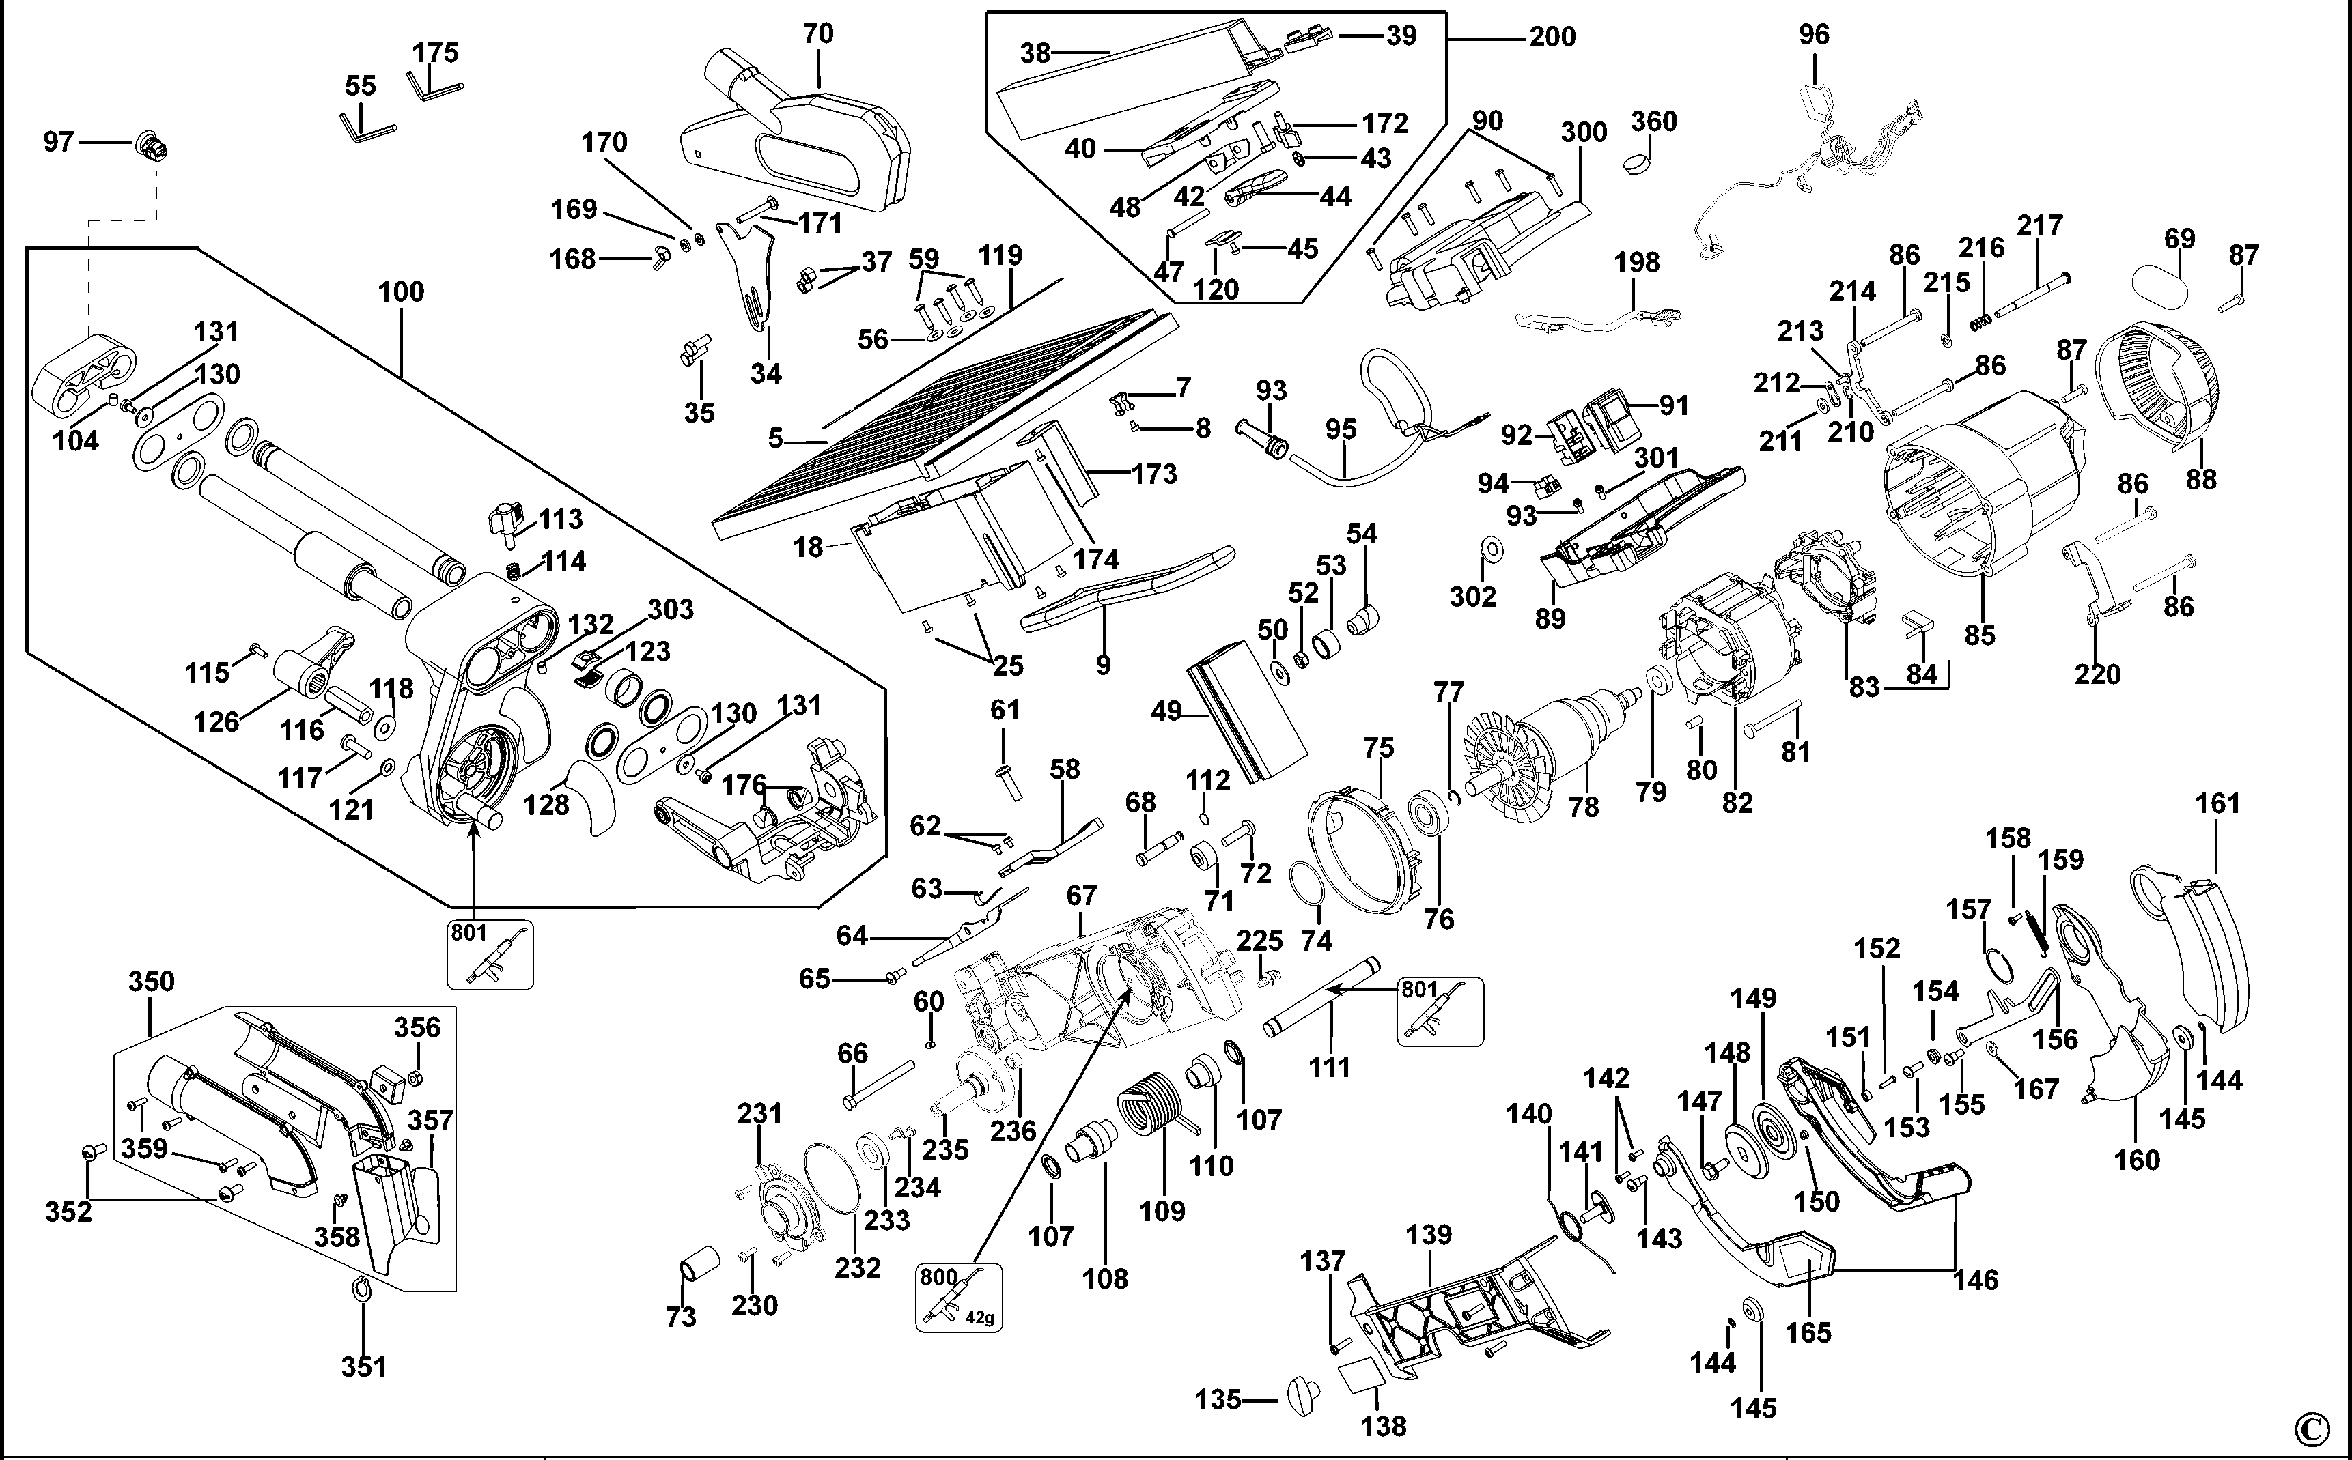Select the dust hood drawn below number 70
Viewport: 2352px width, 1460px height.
coord(802,145)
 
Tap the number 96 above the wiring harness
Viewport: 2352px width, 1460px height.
coord(1813,35)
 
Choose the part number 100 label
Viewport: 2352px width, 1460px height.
coord(401,291)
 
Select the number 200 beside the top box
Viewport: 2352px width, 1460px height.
coord(1552,38)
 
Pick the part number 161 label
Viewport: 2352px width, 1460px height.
coord(2217,803)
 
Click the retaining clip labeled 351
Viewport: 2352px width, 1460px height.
coord(362,1290)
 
